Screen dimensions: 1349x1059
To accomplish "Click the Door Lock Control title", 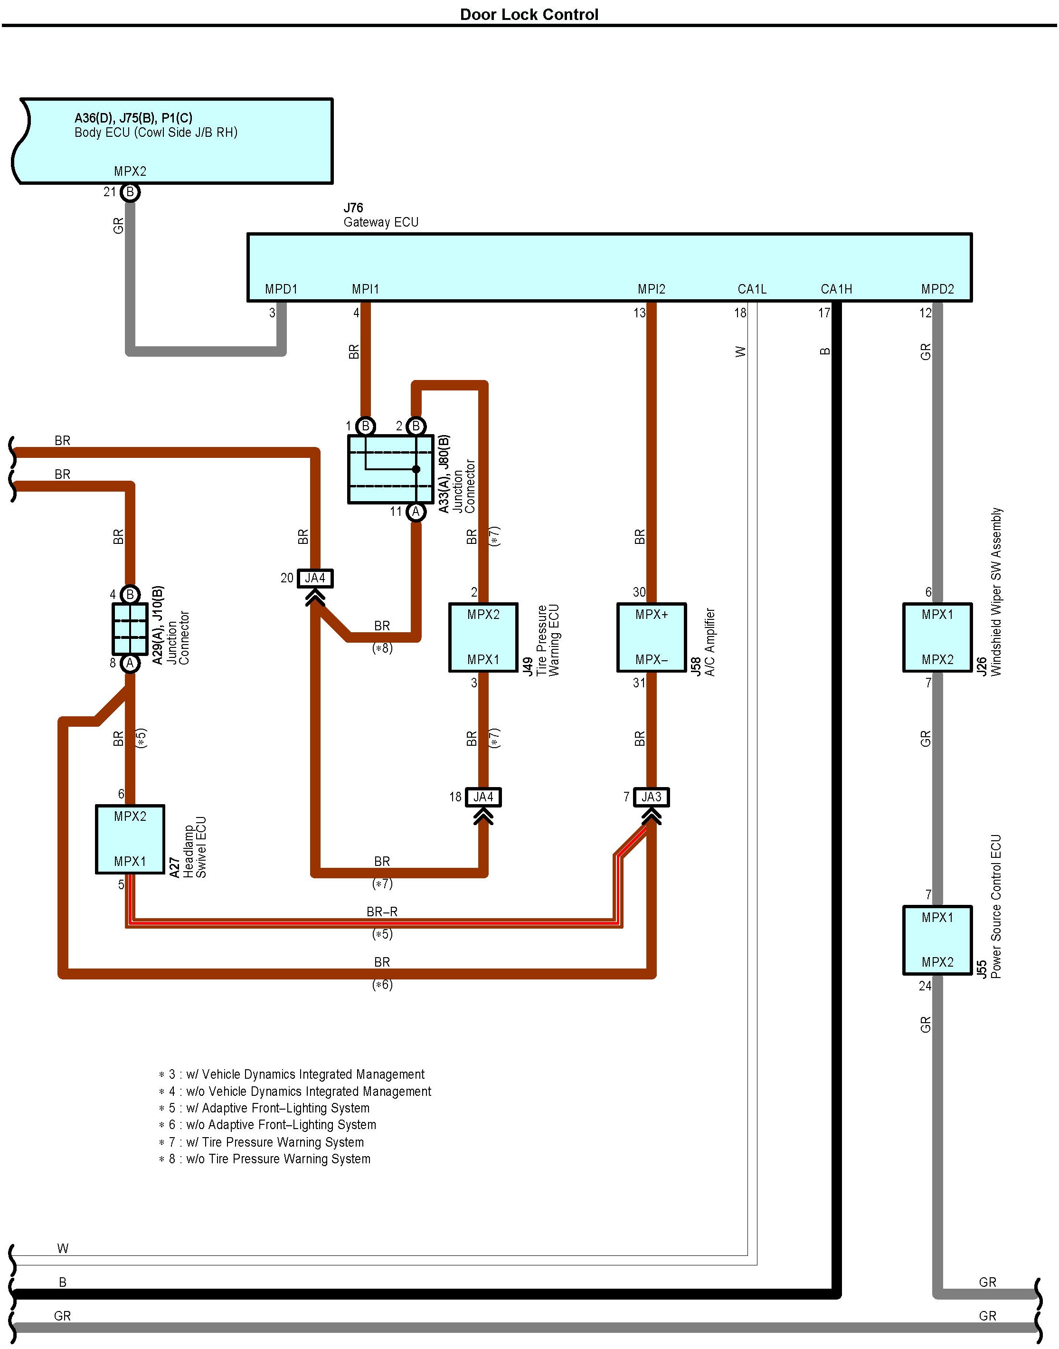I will click(529, 14).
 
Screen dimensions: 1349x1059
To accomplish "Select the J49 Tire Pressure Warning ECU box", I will click(483, 637).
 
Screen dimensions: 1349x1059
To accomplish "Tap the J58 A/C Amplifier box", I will click(651, 637).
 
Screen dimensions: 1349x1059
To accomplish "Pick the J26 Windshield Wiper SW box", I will click(937, 637).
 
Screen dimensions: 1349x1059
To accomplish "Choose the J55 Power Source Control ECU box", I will click(937, 940).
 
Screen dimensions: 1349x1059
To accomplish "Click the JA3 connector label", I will click(651, 797).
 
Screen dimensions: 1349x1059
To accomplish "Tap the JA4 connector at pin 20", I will click(315, 578).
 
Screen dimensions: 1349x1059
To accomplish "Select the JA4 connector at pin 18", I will click(483, 797).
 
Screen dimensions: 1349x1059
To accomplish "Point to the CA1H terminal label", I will click(836, 289).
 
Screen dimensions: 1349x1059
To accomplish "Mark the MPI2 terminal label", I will click(651, 289).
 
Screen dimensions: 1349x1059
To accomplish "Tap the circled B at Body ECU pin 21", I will click(130, 192).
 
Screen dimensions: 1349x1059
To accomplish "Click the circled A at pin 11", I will click(416, 512).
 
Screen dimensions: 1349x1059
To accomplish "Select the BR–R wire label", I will click(382, 912).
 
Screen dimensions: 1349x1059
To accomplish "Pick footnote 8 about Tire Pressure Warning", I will click(265, 1159).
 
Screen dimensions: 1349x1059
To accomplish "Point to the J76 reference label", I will click(353, 208).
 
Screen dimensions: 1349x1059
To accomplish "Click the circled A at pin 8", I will click(130, 663).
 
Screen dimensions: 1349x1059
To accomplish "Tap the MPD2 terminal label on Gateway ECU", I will click(937, 289).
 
